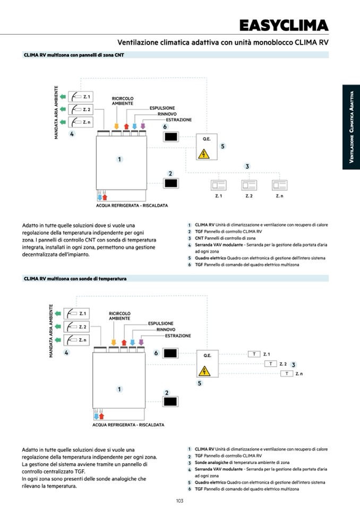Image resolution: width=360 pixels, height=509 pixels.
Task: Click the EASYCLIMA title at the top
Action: (x=284, y=25)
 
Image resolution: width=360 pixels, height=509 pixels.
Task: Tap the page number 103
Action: (x=179, y=501)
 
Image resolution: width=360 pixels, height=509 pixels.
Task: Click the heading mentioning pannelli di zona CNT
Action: (x=74, y=55)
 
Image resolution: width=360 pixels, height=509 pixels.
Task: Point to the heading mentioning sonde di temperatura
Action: (x=75, y=278)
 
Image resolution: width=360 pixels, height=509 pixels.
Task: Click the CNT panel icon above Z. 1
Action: (x=218, y=185)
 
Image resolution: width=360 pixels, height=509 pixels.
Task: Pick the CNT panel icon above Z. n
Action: (x=279, y=185)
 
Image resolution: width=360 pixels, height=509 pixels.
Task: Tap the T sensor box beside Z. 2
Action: (x=271, y=364)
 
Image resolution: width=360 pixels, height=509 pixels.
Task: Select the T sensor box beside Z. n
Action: (x=287, y=374)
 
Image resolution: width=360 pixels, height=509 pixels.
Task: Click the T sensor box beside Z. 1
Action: (x=254, y=354)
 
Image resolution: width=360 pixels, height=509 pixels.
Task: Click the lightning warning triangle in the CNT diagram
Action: (x=203, y=154)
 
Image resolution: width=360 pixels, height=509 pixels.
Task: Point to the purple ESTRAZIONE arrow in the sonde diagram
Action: (x=141, y=342)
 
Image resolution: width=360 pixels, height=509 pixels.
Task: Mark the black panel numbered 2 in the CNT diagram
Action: (x=171, y=184)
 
